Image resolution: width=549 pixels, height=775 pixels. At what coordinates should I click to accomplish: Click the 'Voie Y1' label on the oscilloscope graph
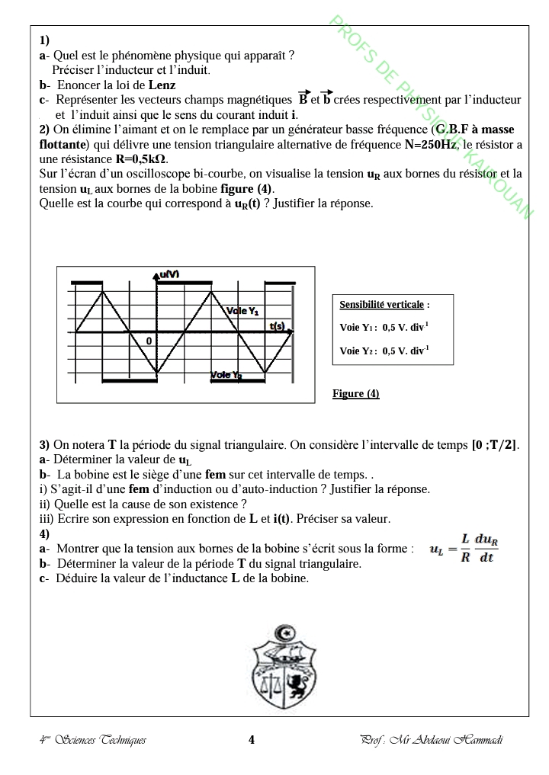tap(243, 311)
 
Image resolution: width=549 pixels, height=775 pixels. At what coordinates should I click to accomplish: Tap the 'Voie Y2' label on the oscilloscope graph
tap(226, 375)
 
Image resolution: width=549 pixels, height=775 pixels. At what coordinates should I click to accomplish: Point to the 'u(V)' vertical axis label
tap(169, 274)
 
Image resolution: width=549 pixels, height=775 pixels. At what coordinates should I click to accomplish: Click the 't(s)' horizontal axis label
tap(278, 326)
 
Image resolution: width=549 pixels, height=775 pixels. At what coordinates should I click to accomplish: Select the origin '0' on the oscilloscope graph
tap(150, 340)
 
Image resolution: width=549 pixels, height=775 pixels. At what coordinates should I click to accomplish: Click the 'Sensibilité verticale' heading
tap(381, 305)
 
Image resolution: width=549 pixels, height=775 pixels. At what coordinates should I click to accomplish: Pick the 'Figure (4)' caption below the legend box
tap(356, 394)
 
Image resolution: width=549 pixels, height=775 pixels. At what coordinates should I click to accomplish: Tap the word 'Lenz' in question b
tap(162, 85)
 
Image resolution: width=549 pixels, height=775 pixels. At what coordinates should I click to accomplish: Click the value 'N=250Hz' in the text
tap(432, 144)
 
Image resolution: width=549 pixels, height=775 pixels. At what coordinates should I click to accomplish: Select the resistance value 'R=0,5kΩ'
tap(142, 159)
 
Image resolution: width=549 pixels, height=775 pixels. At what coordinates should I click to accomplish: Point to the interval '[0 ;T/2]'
tap(496, 445)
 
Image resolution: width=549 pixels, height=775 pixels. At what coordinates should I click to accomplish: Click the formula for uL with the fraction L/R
tap(464, 549)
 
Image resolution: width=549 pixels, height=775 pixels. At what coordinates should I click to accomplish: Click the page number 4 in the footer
tap(252, 739)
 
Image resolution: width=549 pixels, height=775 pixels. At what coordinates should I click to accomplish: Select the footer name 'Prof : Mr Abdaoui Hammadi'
tap(432, 740)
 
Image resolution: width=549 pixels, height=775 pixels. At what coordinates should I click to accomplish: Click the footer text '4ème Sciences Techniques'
tap(92, 740)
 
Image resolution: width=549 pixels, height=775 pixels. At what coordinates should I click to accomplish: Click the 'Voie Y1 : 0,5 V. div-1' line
tap(384, 328)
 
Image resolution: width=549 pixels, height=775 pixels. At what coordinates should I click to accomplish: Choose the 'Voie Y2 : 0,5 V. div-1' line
tap(384, 351)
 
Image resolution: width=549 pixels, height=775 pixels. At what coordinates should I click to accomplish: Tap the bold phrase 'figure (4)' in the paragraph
tap(246, 188)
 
